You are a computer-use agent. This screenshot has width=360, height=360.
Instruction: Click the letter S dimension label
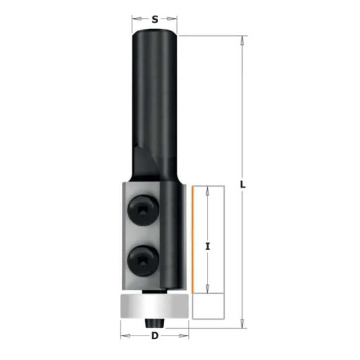point(155,20)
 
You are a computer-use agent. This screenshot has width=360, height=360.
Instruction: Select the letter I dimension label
point(208,247)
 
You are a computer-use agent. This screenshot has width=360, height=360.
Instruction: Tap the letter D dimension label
point(155,336)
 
